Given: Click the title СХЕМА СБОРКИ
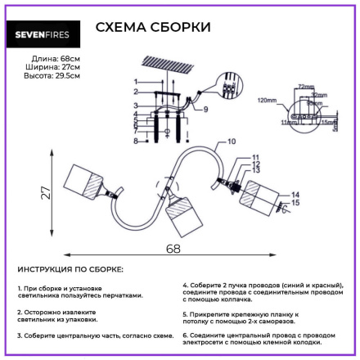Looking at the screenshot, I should pos(153,27).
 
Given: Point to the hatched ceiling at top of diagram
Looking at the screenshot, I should pos(169,64).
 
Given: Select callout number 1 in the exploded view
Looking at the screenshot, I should pos(136,82).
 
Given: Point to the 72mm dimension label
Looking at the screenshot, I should pos(306,85).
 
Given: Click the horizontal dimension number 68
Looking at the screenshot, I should pos(171,248).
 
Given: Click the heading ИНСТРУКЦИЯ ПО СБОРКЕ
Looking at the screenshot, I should pos(70,269).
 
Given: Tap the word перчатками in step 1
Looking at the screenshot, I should pos(122,295).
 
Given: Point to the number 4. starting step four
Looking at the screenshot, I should pos(185,285).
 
